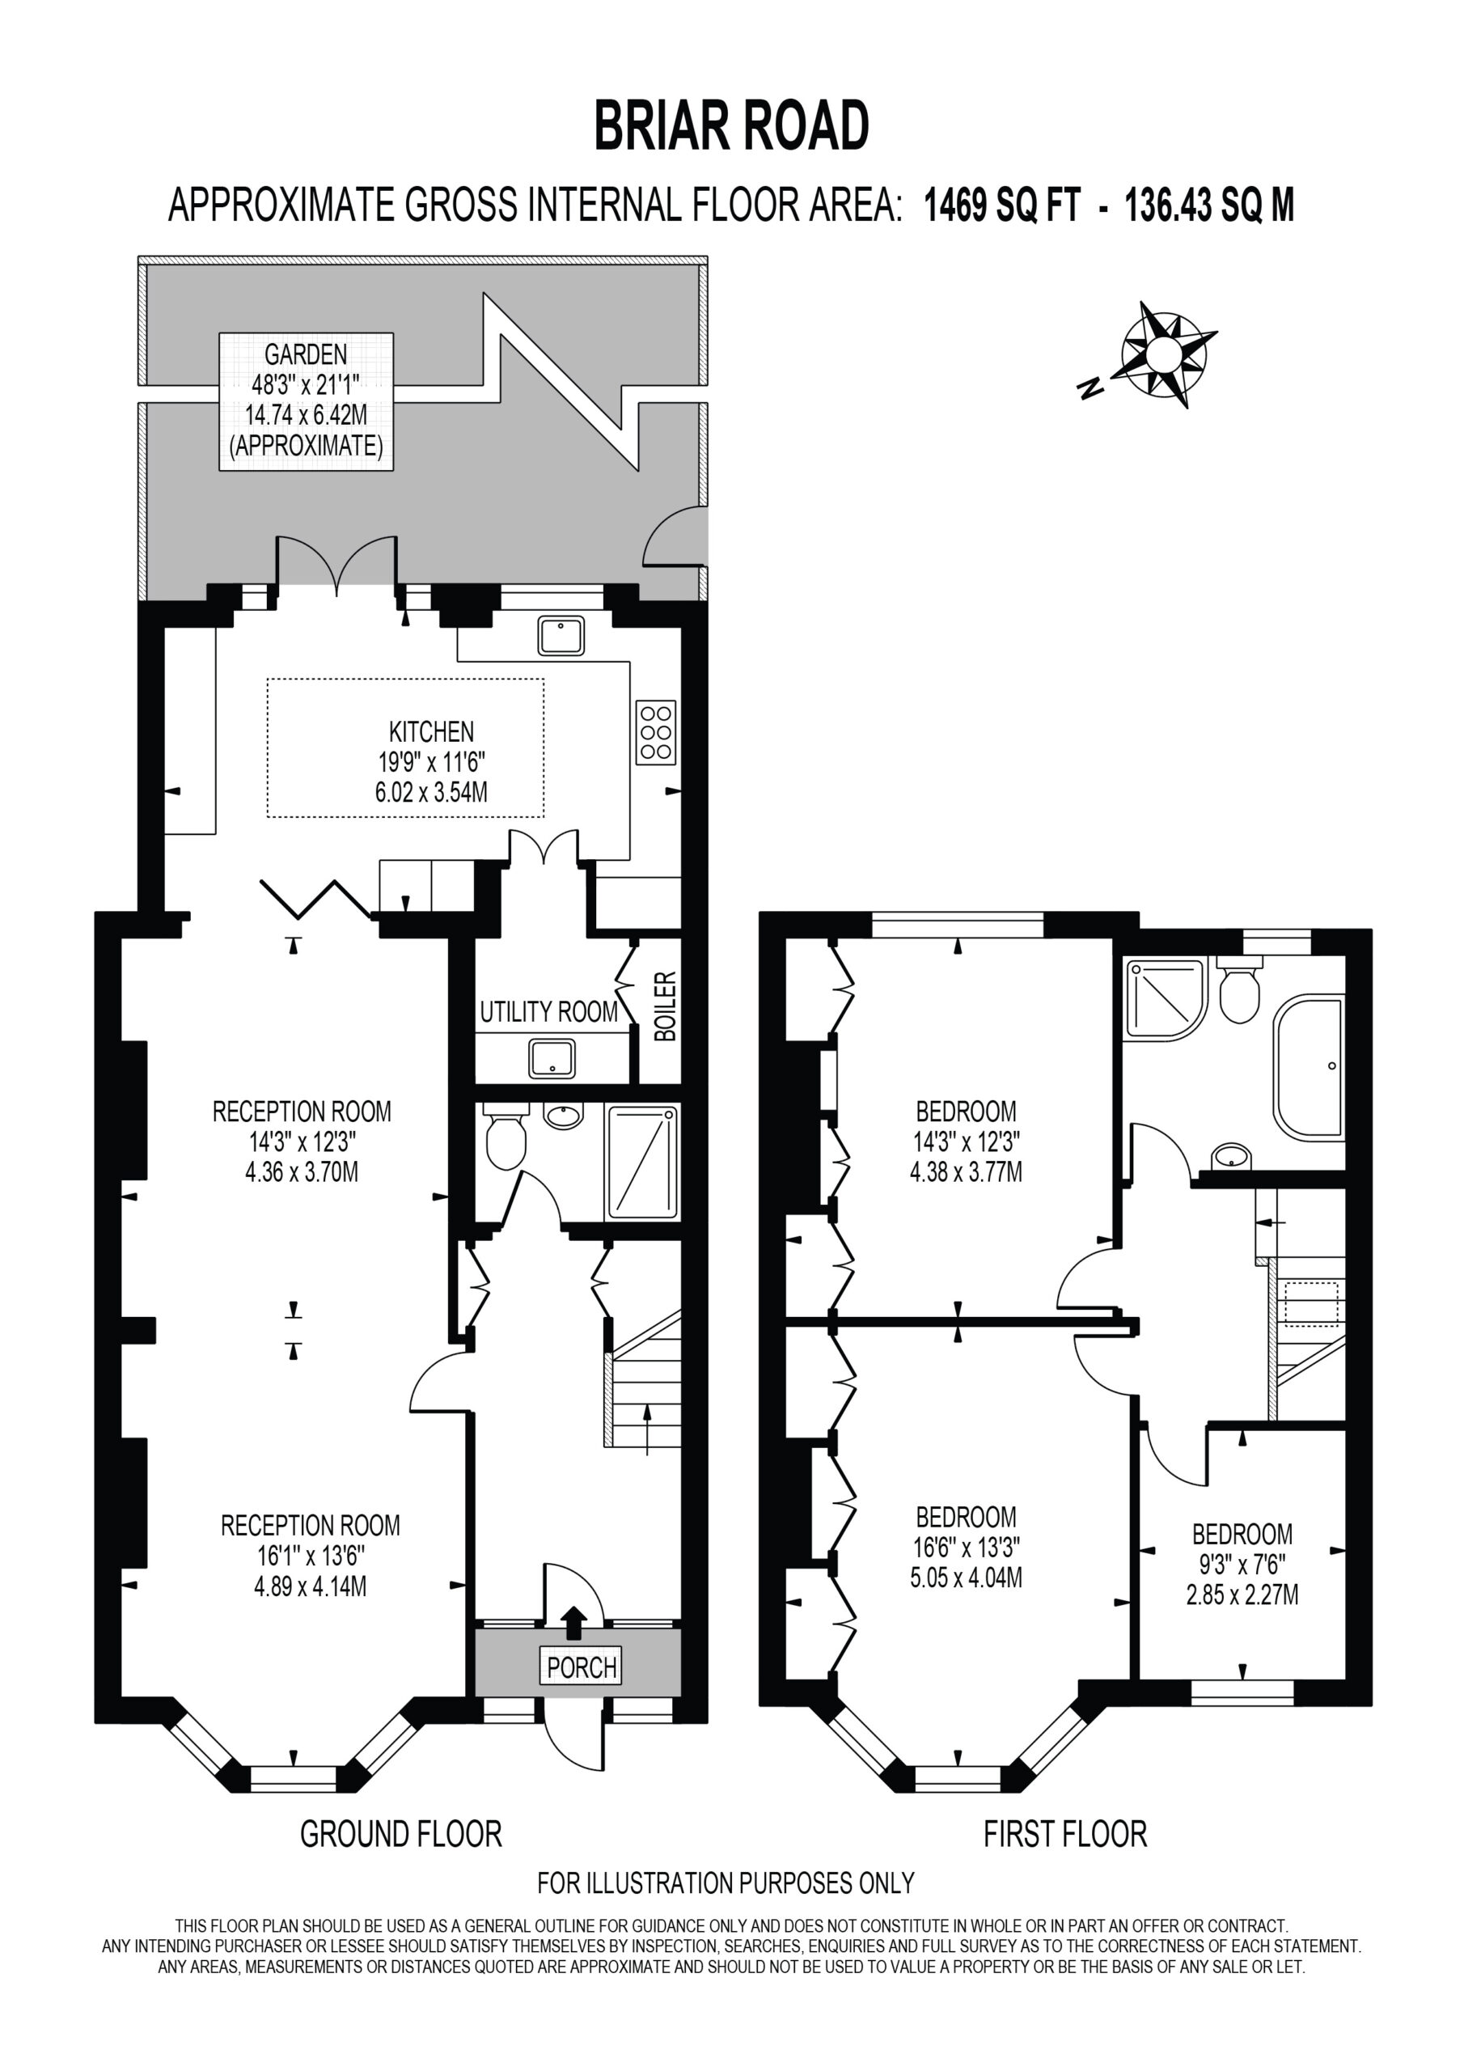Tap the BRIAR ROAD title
coord(731,125)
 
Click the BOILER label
coord(664,1006)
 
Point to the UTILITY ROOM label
coord(548,1011)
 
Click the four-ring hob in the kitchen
coord(656,732)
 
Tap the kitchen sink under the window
coord(561,636)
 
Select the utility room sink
coord(552,1058)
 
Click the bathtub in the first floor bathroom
coord(1309,1065)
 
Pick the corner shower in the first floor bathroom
coord(1165,997)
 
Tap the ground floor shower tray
coord(642,1162)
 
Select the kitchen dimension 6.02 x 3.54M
coord(431,793)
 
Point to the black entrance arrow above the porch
coord(573,1621)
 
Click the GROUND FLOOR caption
coord(400,1834)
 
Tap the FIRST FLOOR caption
coord(1065,1834)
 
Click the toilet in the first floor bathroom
coord(1239,990)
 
